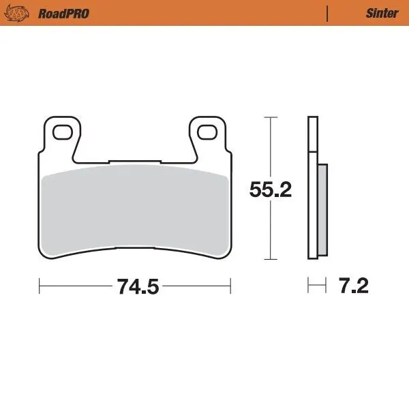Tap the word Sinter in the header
381,13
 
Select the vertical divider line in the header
328,13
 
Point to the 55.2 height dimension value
271,190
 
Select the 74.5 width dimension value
137,287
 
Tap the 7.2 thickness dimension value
353,286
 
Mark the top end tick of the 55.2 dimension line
271,117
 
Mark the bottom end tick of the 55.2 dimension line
271,260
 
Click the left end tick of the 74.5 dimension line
40,286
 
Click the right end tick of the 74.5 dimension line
231,286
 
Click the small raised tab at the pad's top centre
135,162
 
